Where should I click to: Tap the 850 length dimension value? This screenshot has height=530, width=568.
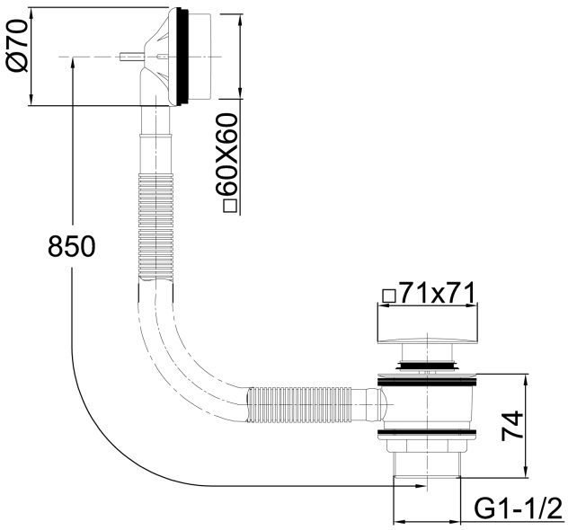(71, 245)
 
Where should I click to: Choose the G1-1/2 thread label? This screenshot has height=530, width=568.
(517, 509)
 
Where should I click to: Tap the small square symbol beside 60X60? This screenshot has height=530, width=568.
(228, 206)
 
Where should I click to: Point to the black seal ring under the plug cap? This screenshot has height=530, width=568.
(426, 365)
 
